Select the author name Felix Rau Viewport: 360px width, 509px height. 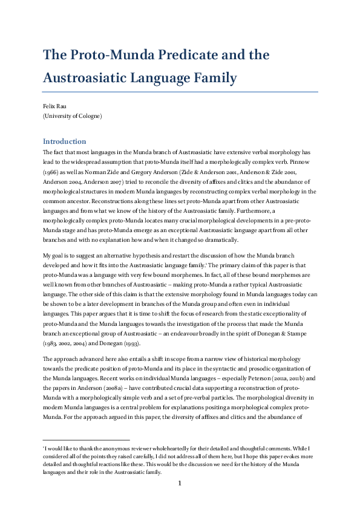coord(53,105)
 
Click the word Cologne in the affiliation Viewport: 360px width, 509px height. coord(90,115)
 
